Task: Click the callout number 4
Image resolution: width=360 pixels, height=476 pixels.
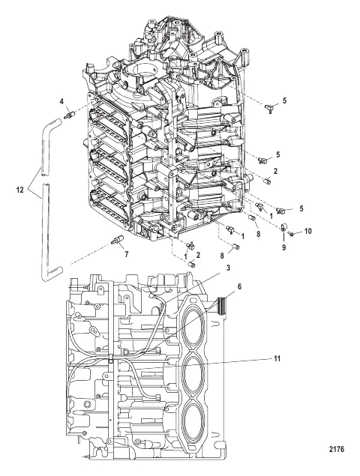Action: (x=61, y=101)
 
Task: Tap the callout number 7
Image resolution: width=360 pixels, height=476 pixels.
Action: (x=126, y=254)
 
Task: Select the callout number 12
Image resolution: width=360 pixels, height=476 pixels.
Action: (x=20, y=190)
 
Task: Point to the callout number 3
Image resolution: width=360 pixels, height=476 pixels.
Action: (x=228, y=268)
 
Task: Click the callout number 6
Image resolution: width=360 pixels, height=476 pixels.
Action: (x=239, y=286)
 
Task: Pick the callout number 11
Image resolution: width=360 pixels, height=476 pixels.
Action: (x=277, y=358)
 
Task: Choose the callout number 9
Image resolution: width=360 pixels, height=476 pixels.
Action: (x=283, y=247)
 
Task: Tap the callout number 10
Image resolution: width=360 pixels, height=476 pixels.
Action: (x=307, y=232)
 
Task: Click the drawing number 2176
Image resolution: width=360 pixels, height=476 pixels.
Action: (x=336, y=457)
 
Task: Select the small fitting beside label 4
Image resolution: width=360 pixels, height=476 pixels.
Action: (x=69, y=115)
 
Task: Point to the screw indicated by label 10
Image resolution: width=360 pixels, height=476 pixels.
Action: (x=289, y=233)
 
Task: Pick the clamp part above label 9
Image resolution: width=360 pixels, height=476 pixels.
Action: (x=283, y=226)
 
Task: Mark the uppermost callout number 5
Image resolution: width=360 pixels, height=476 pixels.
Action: (x=284, y=100)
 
